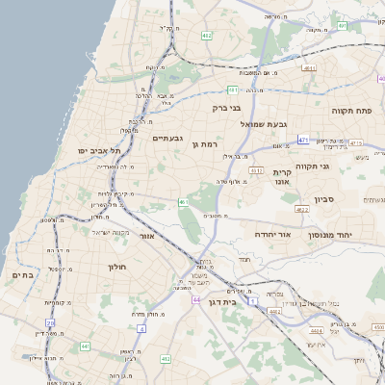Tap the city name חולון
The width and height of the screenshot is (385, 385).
[118, 266]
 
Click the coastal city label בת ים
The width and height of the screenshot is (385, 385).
[21, 275]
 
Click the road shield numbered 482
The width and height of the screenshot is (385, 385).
[207, 35]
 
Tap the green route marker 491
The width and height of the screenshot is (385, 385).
[233, 90]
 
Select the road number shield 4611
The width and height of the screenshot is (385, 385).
[309, 68]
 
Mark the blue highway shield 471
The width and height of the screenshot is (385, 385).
[303, 140]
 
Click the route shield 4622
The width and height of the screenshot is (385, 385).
[302, 209]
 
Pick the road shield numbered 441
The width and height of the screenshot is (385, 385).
[85, 346]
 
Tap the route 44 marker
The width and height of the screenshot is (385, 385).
[196, 300]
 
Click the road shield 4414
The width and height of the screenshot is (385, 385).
[316, 330]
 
